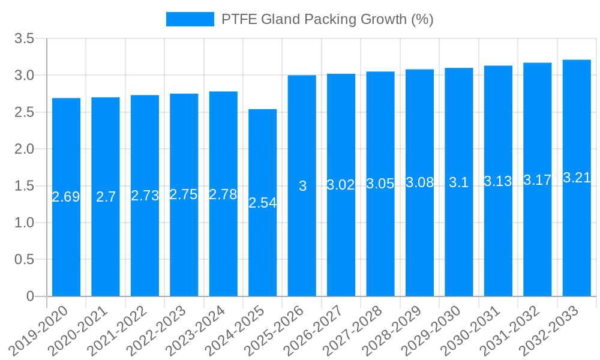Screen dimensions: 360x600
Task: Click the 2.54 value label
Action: tap(263, 203)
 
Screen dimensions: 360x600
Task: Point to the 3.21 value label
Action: tap(577, 178)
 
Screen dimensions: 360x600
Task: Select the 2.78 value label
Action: tap(223, 194)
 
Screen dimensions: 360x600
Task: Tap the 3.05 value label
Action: tap(380, 184)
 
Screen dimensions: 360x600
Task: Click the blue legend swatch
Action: tap(190, 19)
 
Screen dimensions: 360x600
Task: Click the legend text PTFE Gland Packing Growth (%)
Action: tap(327, 19)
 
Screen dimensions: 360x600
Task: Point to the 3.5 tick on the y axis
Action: tap(25, 39)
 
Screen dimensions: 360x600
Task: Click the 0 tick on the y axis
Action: tap(31, 296)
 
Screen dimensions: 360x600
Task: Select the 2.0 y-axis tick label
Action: tap(25, 149)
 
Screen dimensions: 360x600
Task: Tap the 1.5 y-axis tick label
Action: tap(25, 186)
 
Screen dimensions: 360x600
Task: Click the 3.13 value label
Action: tap(498, 181)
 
